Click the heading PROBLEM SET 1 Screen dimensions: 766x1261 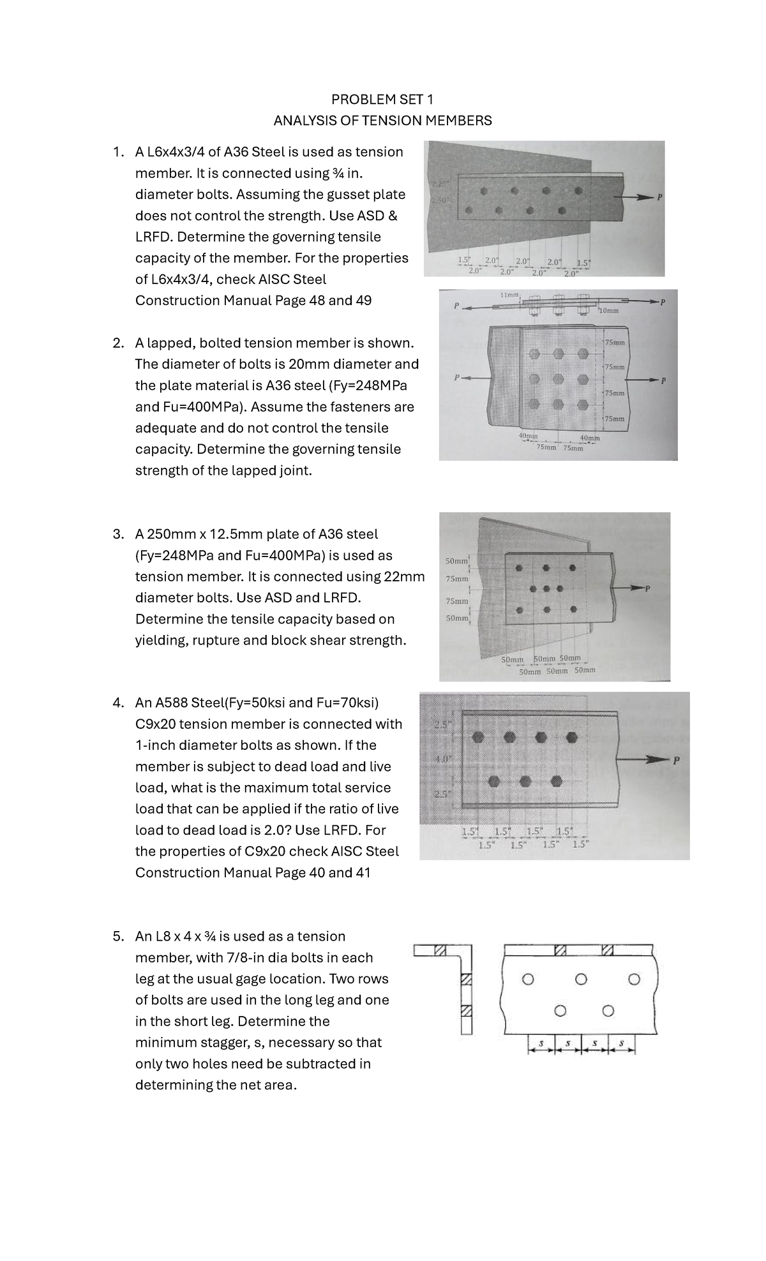[382, 99]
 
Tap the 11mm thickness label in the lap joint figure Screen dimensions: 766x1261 [510, 295]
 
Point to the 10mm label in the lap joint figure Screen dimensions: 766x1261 [609, 311]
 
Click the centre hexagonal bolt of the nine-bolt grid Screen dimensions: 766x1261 [559, 378]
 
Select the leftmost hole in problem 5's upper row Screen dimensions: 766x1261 [527, 979]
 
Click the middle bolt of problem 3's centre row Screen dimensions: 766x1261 [546, 588]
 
